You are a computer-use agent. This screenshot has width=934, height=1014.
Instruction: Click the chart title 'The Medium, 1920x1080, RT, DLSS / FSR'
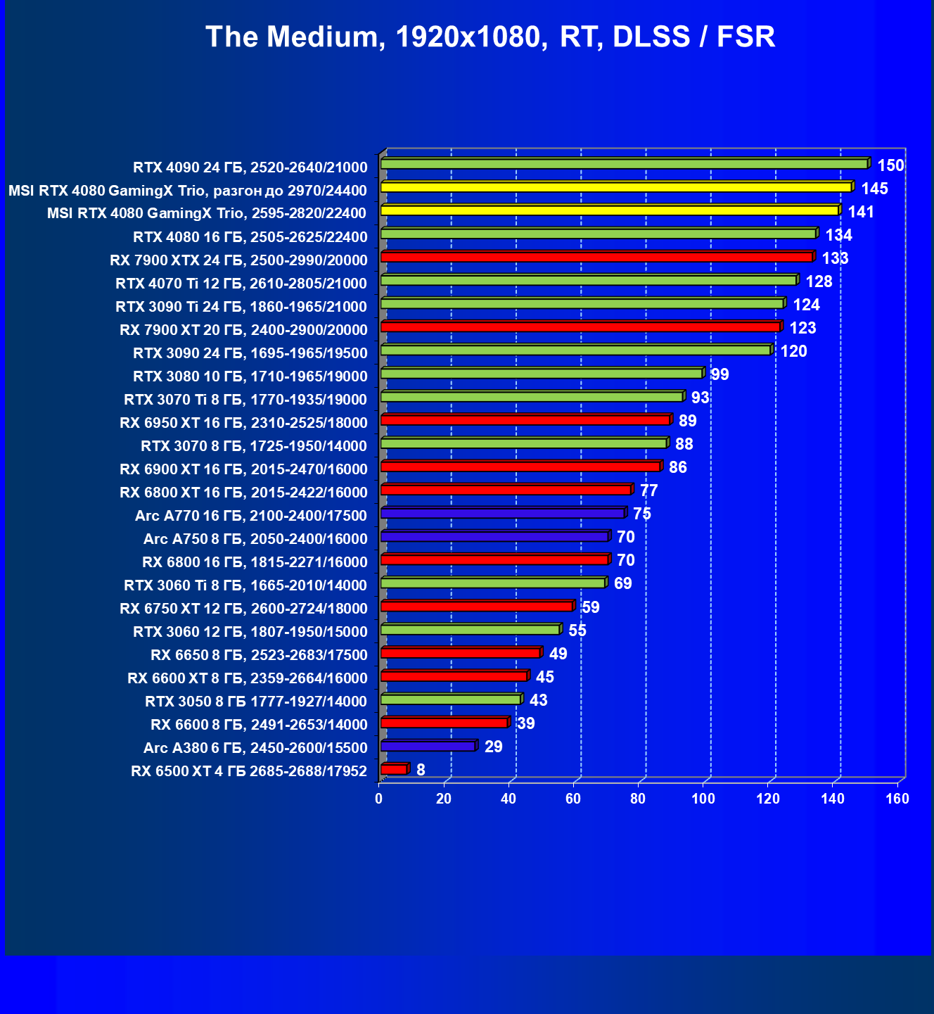[490, 37]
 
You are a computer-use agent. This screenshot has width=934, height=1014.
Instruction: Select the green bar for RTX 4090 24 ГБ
[625, 164]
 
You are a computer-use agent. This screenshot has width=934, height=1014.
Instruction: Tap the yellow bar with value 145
[616, 187]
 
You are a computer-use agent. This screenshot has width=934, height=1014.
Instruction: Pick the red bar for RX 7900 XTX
[596, 257]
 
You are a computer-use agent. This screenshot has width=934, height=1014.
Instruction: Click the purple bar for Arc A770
[502, 513]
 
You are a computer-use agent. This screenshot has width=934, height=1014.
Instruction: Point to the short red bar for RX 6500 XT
[394, 769]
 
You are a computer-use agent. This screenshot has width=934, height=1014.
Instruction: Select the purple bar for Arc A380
[428, 746]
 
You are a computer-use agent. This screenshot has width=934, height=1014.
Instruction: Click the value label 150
[890, 166]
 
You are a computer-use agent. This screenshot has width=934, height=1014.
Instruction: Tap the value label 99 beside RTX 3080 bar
[719, 374]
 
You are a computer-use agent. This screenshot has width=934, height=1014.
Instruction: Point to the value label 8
[421, 770]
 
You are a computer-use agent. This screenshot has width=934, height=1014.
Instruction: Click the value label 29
[494, 747]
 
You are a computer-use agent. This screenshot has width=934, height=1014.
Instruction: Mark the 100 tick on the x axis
[703, 799]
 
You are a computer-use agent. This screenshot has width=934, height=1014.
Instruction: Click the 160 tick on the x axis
[897, 799]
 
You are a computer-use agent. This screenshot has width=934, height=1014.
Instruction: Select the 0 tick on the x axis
[379, 799]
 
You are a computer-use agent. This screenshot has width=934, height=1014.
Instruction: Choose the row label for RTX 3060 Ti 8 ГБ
[245, 585]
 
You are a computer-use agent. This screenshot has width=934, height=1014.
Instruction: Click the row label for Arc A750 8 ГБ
[255, 539]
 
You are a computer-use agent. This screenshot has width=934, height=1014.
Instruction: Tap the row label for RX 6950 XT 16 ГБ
[243, 423]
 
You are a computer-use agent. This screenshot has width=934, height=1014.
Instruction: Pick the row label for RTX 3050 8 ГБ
[256, 702]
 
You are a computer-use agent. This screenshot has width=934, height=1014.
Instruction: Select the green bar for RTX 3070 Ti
[532, 397]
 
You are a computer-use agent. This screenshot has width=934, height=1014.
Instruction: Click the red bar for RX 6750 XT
[477, 606]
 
